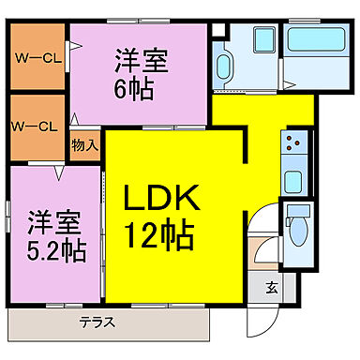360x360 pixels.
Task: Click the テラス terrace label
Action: (97, 322)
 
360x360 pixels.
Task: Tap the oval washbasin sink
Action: (224, 67)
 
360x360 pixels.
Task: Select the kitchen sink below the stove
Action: (292, 180)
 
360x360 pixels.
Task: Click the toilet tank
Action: (297, 210)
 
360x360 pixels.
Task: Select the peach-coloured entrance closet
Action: (262, 252)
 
